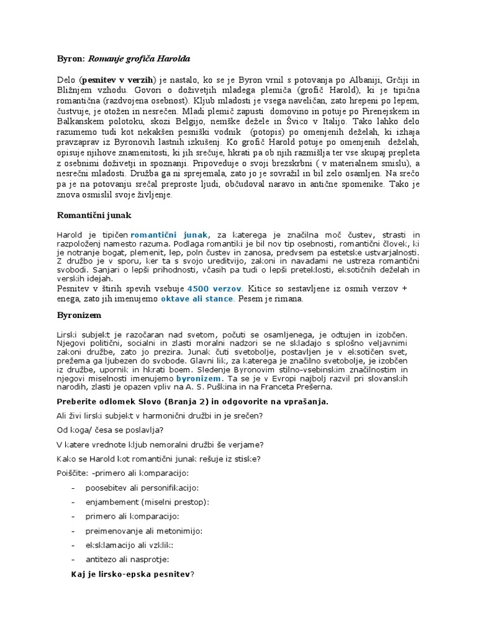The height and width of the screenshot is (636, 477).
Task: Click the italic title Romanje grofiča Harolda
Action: click(x=139, y=59)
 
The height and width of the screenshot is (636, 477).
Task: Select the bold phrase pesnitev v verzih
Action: click(x=119, y=80)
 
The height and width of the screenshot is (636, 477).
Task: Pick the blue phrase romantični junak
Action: click(x=170, y=234)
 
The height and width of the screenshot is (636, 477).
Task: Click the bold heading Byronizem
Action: click(x=79, y=316)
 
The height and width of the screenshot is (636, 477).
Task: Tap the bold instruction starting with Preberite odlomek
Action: click(x=192, y=401)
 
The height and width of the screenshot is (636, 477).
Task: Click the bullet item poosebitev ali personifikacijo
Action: click(x=142, y=488)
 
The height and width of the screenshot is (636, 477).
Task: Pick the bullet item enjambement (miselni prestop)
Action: click(x=147, y=502)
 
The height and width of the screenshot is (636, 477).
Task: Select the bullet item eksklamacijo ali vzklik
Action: click(x=129, y=545)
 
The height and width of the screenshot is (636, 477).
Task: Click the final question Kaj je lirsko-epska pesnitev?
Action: click(x=133, y=575)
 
